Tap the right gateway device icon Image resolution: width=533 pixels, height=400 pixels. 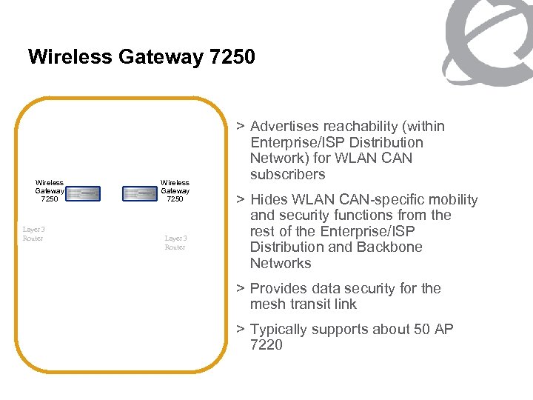(141, 193)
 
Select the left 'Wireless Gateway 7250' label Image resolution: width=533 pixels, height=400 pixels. (49, 190)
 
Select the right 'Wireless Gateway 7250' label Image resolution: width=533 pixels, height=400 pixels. (175, 190)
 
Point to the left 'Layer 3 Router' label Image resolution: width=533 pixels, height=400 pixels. (33, 233)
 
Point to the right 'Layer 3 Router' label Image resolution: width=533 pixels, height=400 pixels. (175, 242)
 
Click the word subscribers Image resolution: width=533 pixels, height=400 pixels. (287, 175)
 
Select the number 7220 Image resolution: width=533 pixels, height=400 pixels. (266, 345)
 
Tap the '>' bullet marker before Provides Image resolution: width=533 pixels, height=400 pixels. (240, 289)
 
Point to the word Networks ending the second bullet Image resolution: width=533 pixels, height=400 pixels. (281, 264)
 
